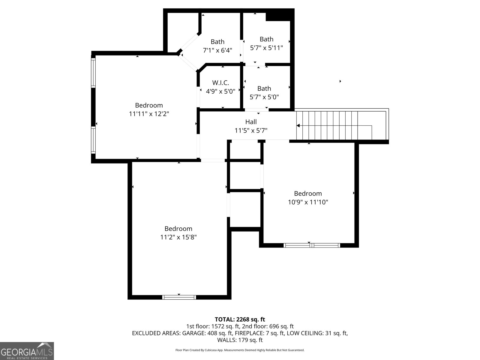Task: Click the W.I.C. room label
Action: pyautogui.click(x=220, y=82)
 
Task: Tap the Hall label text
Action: pyautogui.click(x=251, y=122)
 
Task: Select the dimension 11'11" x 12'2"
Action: pyautogui.click(x=149, y=114)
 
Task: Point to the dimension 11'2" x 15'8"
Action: pyautogui.click(x=178, y=237)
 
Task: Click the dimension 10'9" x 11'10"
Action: pyautogui.click(x=308, y=202)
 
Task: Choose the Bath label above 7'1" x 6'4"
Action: pyautogui.click(x=217, y=41)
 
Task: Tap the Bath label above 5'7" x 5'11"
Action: pyautogui.click(x=266, y=39)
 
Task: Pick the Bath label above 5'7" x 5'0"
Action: pyautogui.click(x=264, y=88)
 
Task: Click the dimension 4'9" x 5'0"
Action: pyautogui.click(x=220, y=91)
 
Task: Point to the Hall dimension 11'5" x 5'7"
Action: pyautogui.click(x=251, y=130)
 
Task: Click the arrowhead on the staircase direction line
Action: pyautogui.click(x=298, y=125)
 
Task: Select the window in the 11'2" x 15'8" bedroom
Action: pyautogui.click(x=179, y=297)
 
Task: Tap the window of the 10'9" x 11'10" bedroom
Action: pyautogui.click(x=312, y=245)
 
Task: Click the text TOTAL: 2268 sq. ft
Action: pyautogui.click(x=240, y=319)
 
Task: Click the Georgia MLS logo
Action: pyautogui.click(x=27, y=351)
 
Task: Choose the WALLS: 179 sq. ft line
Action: pyautogui.click(x=240, y=340)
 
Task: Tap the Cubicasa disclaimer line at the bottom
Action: pyautogui.click(x=240, y=350)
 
